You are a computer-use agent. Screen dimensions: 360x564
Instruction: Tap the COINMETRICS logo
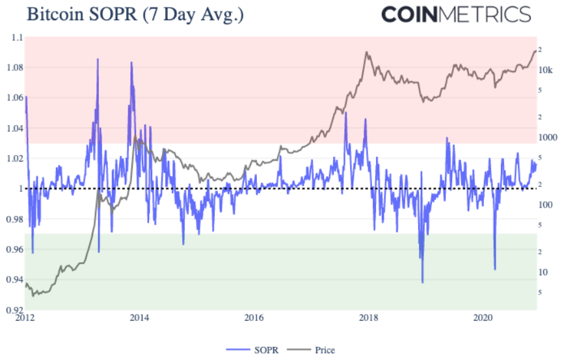click(x=455, y=14)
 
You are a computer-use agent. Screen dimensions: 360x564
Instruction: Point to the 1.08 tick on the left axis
click(x=14, y=68)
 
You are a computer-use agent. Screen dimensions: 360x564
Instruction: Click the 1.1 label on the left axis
click(x=16, y=38)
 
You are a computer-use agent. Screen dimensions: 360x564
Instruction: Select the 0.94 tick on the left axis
click(x=14, y=279)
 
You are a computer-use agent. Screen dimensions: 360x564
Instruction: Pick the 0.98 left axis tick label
click(x=14, y=219)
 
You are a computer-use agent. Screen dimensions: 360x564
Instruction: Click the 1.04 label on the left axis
click(x=14, y=128)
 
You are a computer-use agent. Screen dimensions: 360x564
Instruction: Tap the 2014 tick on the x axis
click(x=139, y=318)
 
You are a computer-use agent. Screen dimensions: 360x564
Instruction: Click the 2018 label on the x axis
click(x=369, y=318)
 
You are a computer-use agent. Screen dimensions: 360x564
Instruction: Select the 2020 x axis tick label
click(x=483, y=318)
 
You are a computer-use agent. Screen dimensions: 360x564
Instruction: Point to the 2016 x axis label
click(x=254, y=318)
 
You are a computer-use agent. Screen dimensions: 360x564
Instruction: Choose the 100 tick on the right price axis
click(x=548, y=205)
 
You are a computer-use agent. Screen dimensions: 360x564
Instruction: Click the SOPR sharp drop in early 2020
click(x=495, y=269)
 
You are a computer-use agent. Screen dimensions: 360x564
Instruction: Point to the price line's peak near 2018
click(x=368, y=52)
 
